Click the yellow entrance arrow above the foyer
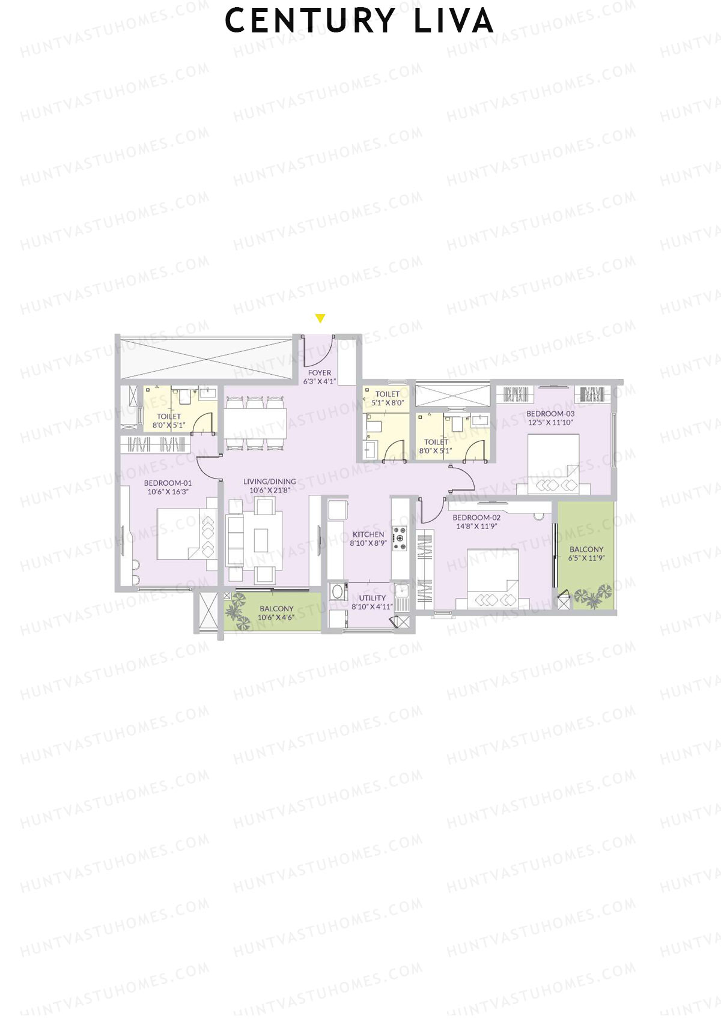[x=320, y=318]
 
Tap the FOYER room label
[x=320, y=373]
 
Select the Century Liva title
[x=359, y=20]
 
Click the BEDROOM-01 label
[x=168, y=483]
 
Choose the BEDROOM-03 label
[x=550, y=414]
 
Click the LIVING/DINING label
[x=270, y=482]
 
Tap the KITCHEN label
[x=368, y=534]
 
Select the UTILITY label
[x=373, y=598]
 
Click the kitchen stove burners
[x=400, y=538]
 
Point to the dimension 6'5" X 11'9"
[x=586, y=558]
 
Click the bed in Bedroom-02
[x=493, y=578]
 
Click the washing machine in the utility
[x=338, y=591]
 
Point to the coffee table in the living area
[x=261, y=540]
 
